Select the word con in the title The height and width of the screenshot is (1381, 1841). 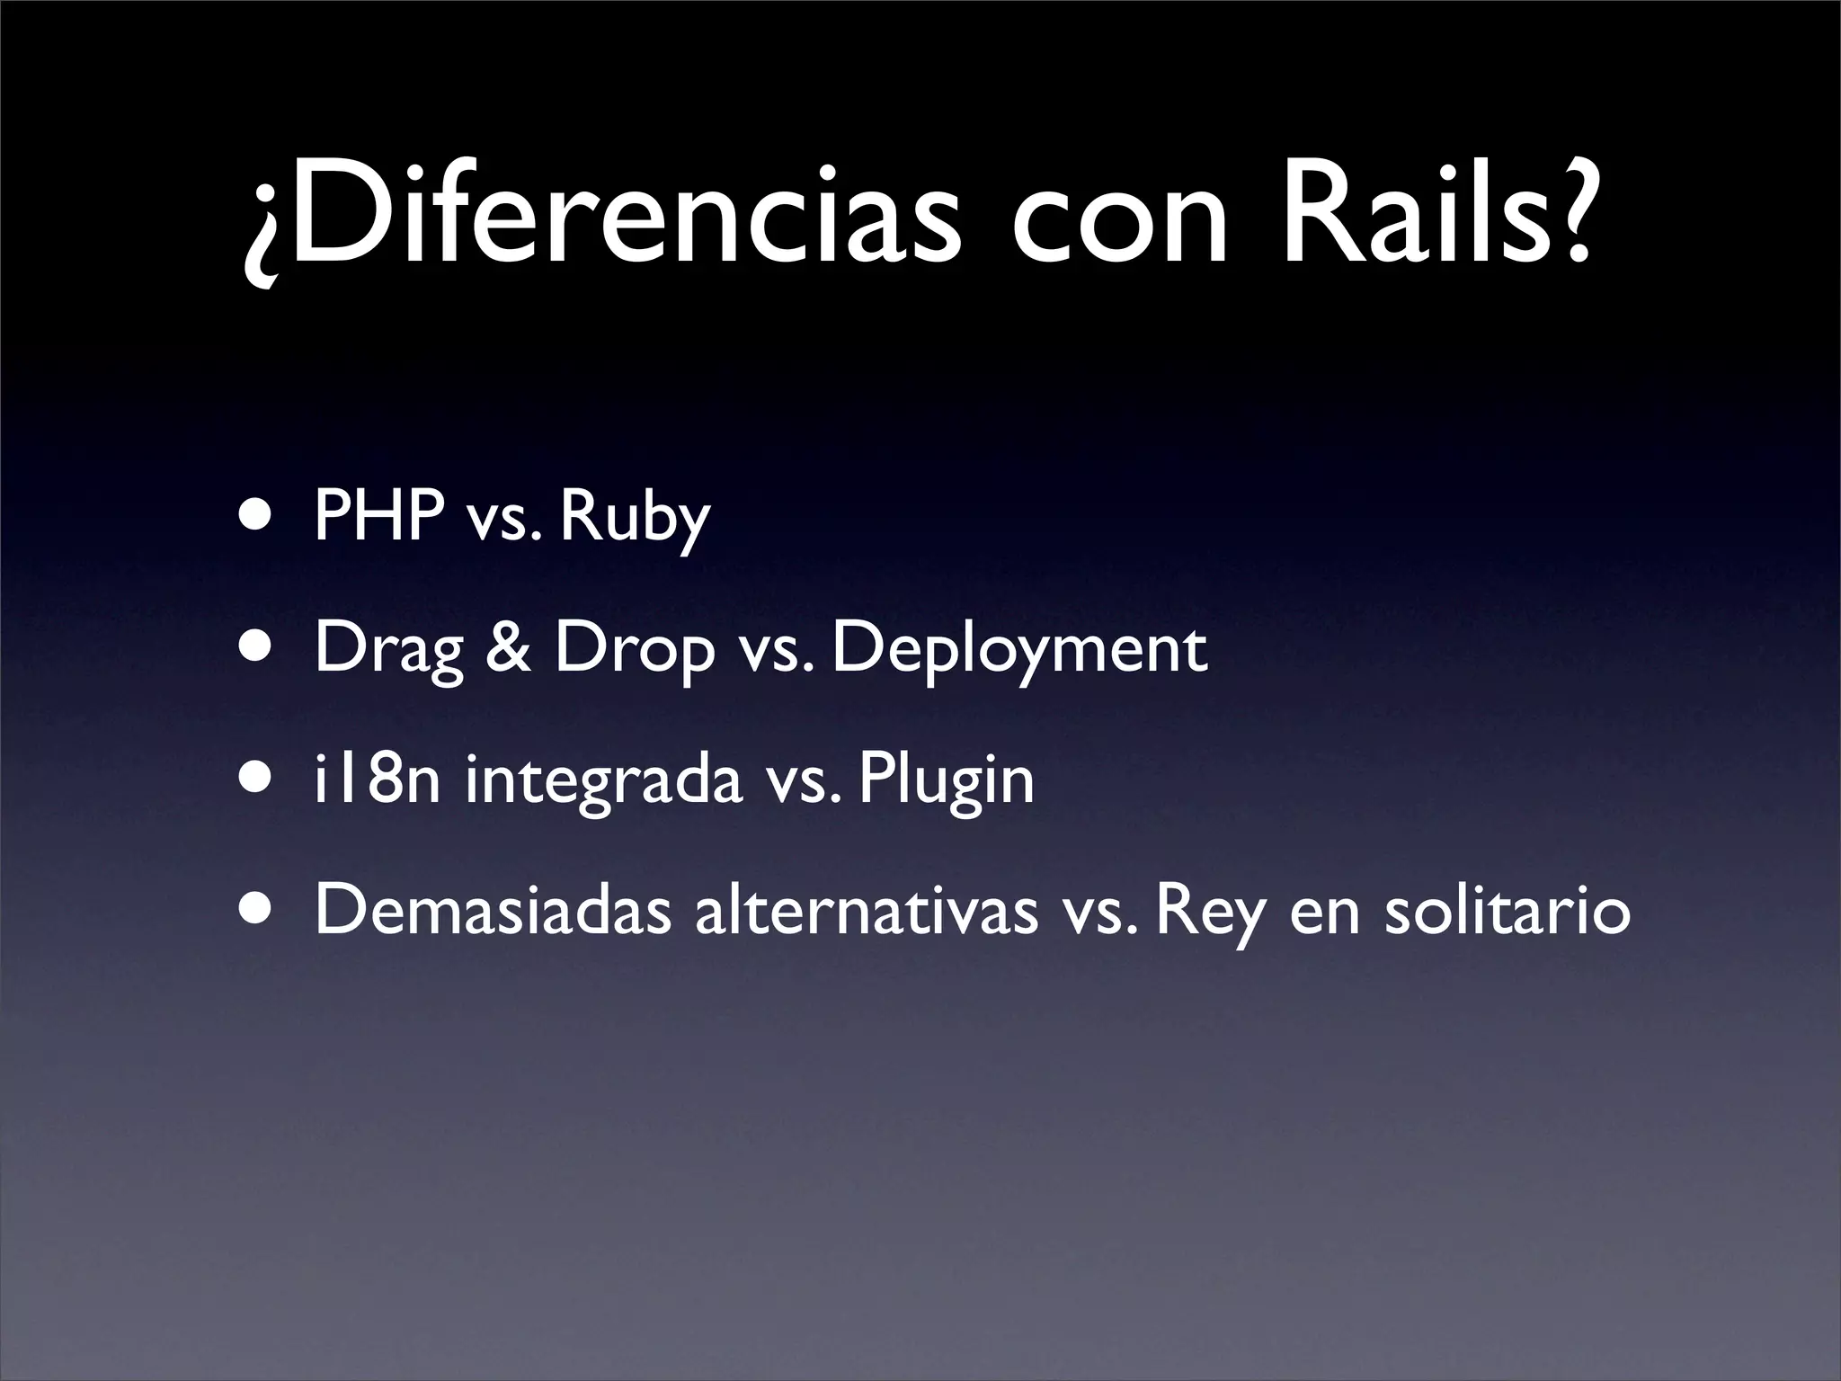1118,225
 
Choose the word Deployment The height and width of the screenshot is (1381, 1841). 1019,651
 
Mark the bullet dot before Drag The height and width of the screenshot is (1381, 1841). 258,648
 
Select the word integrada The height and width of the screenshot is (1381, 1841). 603,782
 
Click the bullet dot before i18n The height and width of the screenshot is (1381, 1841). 258,780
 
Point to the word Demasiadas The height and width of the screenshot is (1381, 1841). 493,910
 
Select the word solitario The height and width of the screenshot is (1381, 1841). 1507,910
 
